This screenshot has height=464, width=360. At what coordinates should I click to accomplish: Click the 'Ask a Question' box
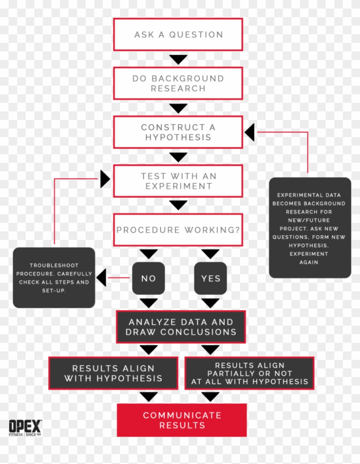click(x=178, y=34)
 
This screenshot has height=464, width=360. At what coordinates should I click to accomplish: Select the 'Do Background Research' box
click(x=178, y=83)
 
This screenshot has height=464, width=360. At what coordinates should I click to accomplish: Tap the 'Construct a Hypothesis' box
click(x=178, y=132)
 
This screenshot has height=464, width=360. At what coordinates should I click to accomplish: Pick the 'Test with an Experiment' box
click(x=178, y=181)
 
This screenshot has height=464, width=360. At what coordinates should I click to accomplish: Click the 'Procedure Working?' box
click(x=178, y=230)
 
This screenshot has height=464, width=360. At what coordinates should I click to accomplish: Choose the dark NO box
click(x=148, y=278)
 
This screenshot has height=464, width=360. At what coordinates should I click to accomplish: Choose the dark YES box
click(x=210, y=278)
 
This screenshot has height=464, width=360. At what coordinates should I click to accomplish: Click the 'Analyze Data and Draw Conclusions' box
click(x=181, y=327)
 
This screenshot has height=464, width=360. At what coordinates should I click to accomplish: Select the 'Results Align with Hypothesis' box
click(x=113, y=373)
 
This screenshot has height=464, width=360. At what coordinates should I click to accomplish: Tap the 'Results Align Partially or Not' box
click(x=249, y=373)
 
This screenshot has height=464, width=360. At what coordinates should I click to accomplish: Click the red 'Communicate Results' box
click(x=182, y=420)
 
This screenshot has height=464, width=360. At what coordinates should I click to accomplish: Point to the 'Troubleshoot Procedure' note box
click(x=54, y=278)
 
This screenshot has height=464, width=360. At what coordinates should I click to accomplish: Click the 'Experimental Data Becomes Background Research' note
click(x=310, y=228)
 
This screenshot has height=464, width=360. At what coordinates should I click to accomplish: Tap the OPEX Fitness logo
click(x=25, y=428)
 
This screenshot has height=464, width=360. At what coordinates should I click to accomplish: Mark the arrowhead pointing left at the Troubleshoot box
click(x=101, y=278)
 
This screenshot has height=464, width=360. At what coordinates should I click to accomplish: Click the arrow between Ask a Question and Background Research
click(x=178, y=59)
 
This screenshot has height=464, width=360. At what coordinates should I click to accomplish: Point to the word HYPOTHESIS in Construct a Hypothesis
click(x=178, y=138)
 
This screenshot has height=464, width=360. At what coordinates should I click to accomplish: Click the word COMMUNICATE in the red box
click(x=182, y=415)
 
